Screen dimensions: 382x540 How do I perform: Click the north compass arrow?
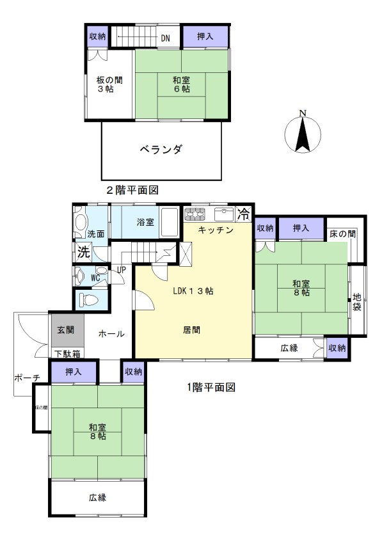303,134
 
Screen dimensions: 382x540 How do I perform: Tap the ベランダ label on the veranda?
161,150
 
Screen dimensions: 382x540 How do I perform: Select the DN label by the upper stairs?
166,38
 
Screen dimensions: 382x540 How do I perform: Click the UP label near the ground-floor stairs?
121,270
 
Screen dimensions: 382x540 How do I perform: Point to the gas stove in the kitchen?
195,214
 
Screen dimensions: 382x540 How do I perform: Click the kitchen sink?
224,214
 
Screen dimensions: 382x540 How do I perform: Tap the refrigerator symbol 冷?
244,214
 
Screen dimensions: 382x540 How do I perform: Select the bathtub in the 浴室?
170,222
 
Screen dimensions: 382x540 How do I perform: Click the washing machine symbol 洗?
83,252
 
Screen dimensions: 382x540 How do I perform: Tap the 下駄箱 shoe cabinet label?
68,354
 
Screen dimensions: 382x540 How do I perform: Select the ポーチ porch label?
27,377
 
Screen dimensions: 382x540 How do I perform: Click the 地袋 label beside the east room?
357,302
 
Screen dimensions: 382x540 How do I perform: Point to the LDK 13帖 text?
193,291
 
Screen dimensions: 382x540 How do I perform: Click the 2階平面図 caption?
132,190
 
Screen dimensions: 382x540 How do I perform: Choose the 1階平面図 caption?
211,388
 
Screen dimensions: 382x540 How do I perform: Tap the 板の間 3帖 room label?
109,84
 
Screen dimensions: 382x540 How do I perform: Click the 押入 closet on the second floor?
205,36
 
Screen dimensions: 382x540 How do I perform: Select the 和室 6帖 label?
182,84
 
